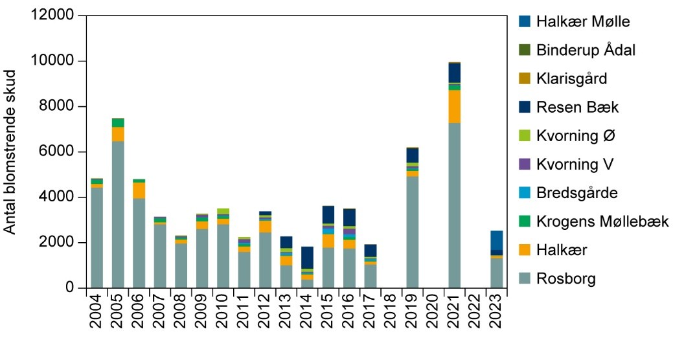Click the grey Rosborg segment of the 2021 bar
[455, 205]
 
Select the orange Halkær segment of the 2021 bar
[455, 106]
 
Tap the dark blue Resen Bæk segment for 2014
[308, 257]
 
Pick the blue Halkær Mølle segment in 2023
[496, 240]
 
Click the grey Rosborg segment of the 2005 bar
[118, 214]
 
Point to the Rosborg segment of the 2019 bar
[413, 232]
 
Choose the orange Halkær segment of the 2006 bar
[139, 190]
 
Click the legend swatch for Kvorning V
[525, 164]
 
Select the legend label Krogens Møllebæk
[603, 222]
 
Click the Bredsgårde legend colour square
[525, 193]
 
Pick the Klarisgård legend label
[572, 79]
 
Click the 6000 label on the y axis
[62, 152]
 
